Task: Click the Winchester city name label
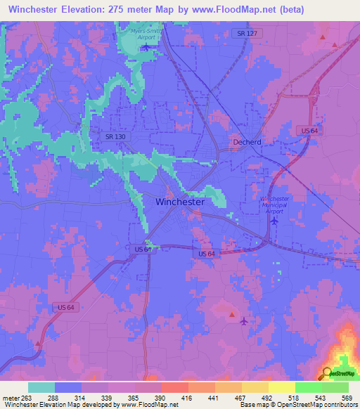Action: [179, 202]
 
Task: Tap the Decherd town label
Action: [247, 141]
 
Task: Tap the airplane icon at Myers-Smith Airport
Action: [146, 47]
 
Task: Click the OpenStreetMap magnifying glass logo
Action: [328, 373]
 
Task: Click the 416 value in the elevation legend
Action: [187, 397]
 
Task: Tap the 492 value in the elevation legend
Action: [268, 397]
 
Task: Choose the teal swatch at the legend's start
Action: [41, 387]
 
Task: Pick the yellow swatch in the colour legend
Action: [281, 387]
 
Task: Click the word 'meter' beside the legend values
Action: [10, 397]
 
